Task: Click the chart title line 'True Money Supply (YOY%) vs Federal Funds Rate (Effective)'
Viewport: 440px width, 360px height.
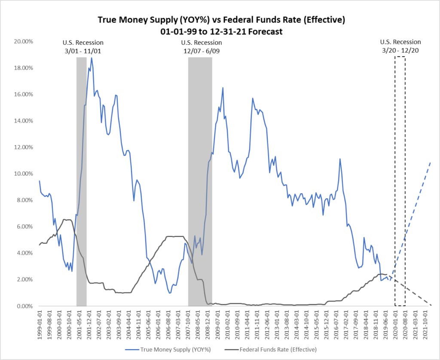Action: tap(221, 20)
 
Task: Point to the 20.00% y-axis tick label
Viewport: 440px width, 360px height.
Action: tap(24, 41)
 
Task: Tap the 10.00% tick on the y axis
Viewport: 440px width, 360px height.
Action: tap(24, 174)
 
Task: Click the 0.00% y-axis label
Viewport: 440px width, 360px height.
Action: tap(26, 306)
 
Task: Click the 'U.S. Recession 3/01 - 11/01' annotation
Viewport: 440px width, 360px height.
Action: tap(83, 46)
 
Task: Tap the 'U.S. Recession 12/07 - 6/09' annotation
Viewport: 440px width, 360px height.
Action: tap(202, 46)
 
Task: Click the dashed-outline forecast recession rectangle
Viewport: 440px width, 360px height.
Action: tap(400, 181)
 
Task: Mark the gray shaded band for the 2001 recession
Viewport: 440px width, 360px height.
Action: tap(81, 181)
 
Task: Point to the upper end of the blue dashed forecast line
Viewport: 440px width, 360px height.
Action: tap(430, 163)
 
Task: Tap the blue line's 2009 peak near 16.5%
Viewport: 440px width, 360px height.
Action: tap(223, 88)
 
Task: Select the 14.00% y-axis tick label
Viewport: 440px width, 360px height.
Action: tap(24, 121)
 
